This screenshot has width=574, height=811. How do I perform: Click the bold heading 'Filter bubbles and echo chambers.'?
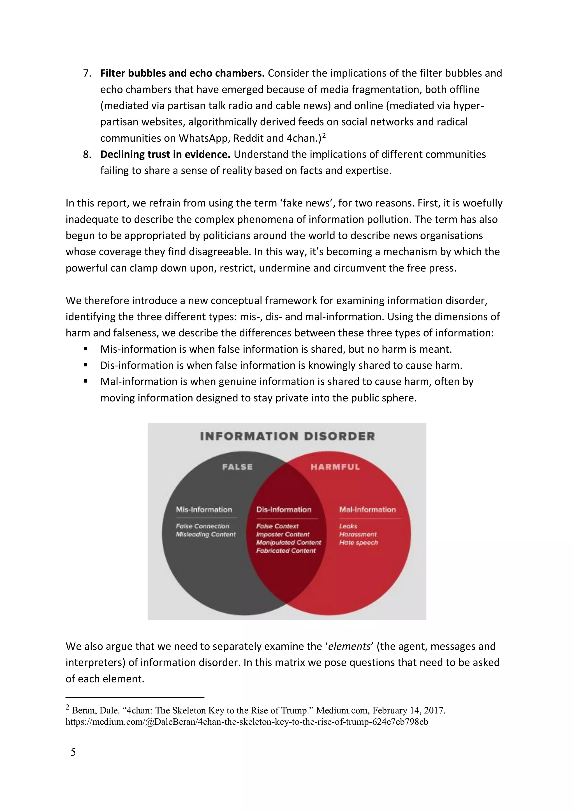(182, 73)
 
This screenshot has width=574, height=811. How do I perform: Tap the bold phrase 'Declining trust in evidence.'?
(165, 154)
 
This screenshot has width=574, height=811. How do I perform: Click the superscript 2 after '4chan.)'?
(324, 135)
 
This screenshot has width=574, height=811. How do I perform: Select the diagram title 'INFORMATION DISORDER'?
(287, 436)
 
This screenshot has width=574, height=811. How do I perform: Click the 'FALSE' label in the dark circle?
(237, 467)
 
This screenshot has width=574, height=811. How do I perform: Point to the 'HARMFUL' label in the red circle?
(335, 467)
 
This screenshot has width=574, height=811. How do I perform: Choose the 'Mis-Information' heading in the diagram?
(204, 509)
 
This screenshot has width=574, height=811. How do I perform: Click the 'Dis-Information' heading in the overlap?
(284, 509)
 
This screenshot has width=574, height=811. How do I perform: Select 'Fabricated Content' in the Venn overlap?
(286, 551)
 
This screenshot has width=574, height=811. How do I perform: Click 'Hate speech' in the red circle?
(358, 543)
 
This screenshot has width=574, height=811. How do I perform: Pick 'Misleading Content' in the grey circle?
(206, 535)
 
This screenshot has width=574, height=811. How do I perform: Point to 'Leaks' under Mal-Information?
(348, 526)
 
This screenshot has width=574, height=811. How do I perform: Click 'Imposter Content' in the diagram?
(283, 535)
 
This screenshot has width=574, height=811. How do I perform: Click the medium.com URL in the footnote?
(247, 722)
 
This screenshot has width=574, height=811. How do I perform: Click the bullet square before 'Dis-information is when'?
(85, 365)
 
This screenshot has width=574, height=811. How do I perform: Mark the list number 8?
(87, 154)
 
